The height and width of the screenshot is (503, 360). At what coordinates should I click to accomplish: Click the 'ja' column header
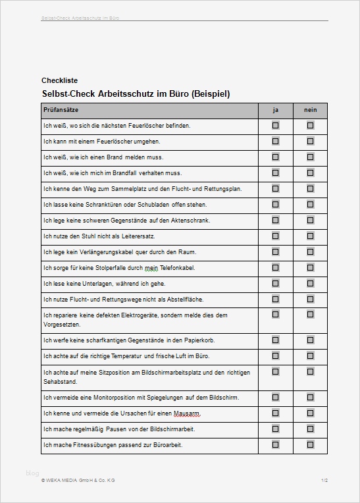click(275, 109)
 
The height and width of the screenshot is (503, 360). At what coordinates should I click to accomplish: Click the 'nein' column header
click(310, 109)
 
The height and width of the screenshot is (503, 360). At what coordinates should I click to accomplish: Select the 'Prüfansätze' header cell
click(61, 109)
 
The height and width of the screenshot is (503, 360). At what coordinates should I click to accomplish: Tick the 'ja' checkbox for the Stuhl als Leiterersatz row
click(275, 236)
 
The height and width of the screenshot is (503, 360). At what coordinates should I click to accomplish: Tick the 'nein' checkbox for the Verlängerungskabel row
click(310, 251)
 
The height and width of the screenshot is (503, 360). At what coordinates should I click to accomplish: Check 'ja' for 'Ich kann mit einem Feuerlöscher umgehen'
click(275, 141)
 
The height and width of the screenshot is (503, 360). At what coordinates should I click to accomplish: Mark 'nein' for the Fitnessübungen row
click(310, 444)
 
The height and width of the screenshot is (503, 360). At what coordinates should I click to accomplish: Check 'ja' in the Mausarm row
click(275, 413)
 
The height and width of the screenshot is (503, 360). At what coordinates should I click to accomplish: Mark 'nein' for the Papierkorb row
click(310, 340)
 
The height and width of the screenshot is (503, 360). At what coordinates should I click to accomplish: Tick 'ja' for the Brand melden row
click(275, 157)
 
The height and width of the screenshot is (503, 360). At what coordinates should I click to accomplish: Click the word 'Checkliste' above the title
click(59, 81)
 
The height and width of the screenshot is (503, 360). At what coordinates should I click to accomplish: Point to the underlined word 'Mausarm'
click(187, 413)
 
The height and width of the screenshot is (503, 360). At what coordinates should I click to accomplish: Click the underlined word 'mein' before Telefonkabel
click(152, 268)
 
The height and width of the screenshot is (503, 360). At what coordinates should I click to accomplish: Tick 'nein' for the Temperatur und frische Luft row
click(310, 356)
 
